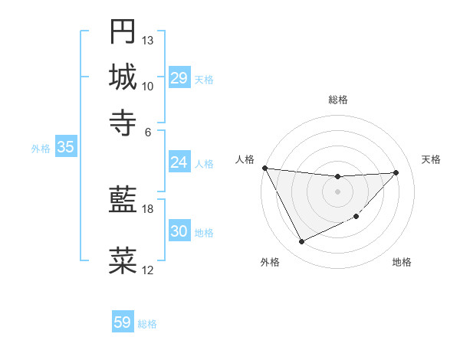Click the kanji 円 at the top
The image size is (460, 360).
point(123,32)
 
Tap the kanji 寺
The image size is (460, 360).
point(123,120)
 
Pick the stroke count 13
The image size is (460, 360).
point(148,40)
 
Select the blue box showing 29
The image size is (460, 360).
point(179,78)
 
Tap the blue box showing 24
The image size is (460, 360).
point(179,162)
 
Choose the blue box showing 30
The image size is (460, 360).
point(179,231)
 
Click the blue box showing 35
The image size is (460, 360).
point(65,148)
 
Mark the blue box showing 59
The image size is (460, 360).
point(122,322)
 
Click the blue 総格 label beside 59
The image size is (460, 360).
point(147,324)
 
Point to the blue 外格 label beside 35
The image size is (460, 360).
point(41,149)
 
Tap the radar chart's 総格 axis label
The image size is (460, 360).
point(338,100)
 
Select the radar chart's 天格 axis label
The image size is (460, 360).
point(431,159)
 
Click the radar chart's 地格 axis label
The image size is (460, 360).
point(402,262)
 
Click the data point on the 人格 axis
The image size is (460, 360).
point(264,168)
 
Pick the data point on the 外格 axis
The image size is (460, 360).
point(301,242)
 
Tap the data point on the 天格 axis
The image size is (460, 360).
point(396,172)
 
